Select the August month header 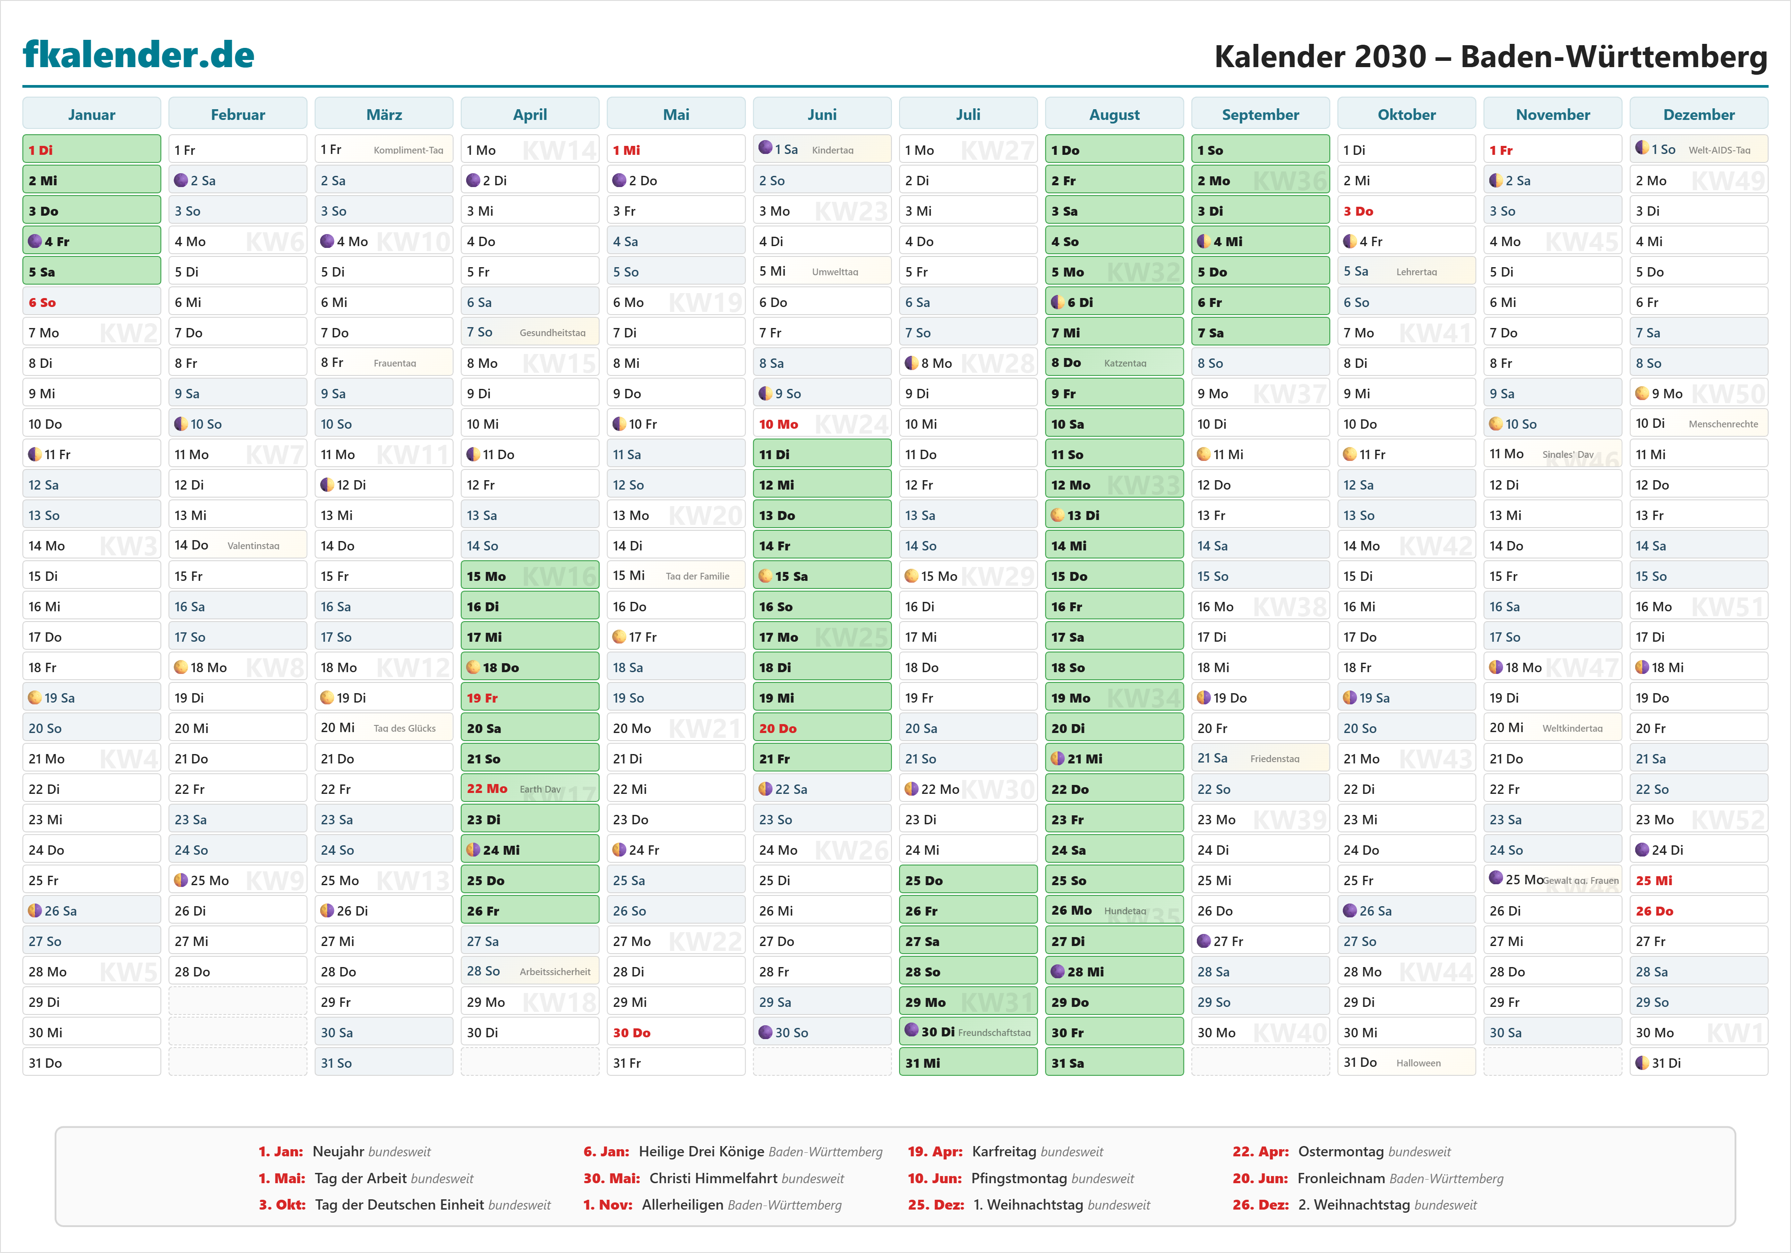[1114, 115]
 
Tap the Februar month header [237, 115]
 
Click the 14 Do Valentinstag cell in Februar [237, 545]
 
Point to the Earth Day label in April [540, 789]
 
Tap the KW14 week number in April [559, 150]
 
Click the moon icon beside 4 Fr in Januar [35, 241]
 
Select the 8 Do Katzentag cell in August [1114, 362]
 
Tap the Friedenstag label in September [1275, 759]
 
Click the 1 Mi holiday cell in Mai [676, 150]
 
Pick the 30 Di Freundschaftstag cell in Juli [967, 1031]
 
